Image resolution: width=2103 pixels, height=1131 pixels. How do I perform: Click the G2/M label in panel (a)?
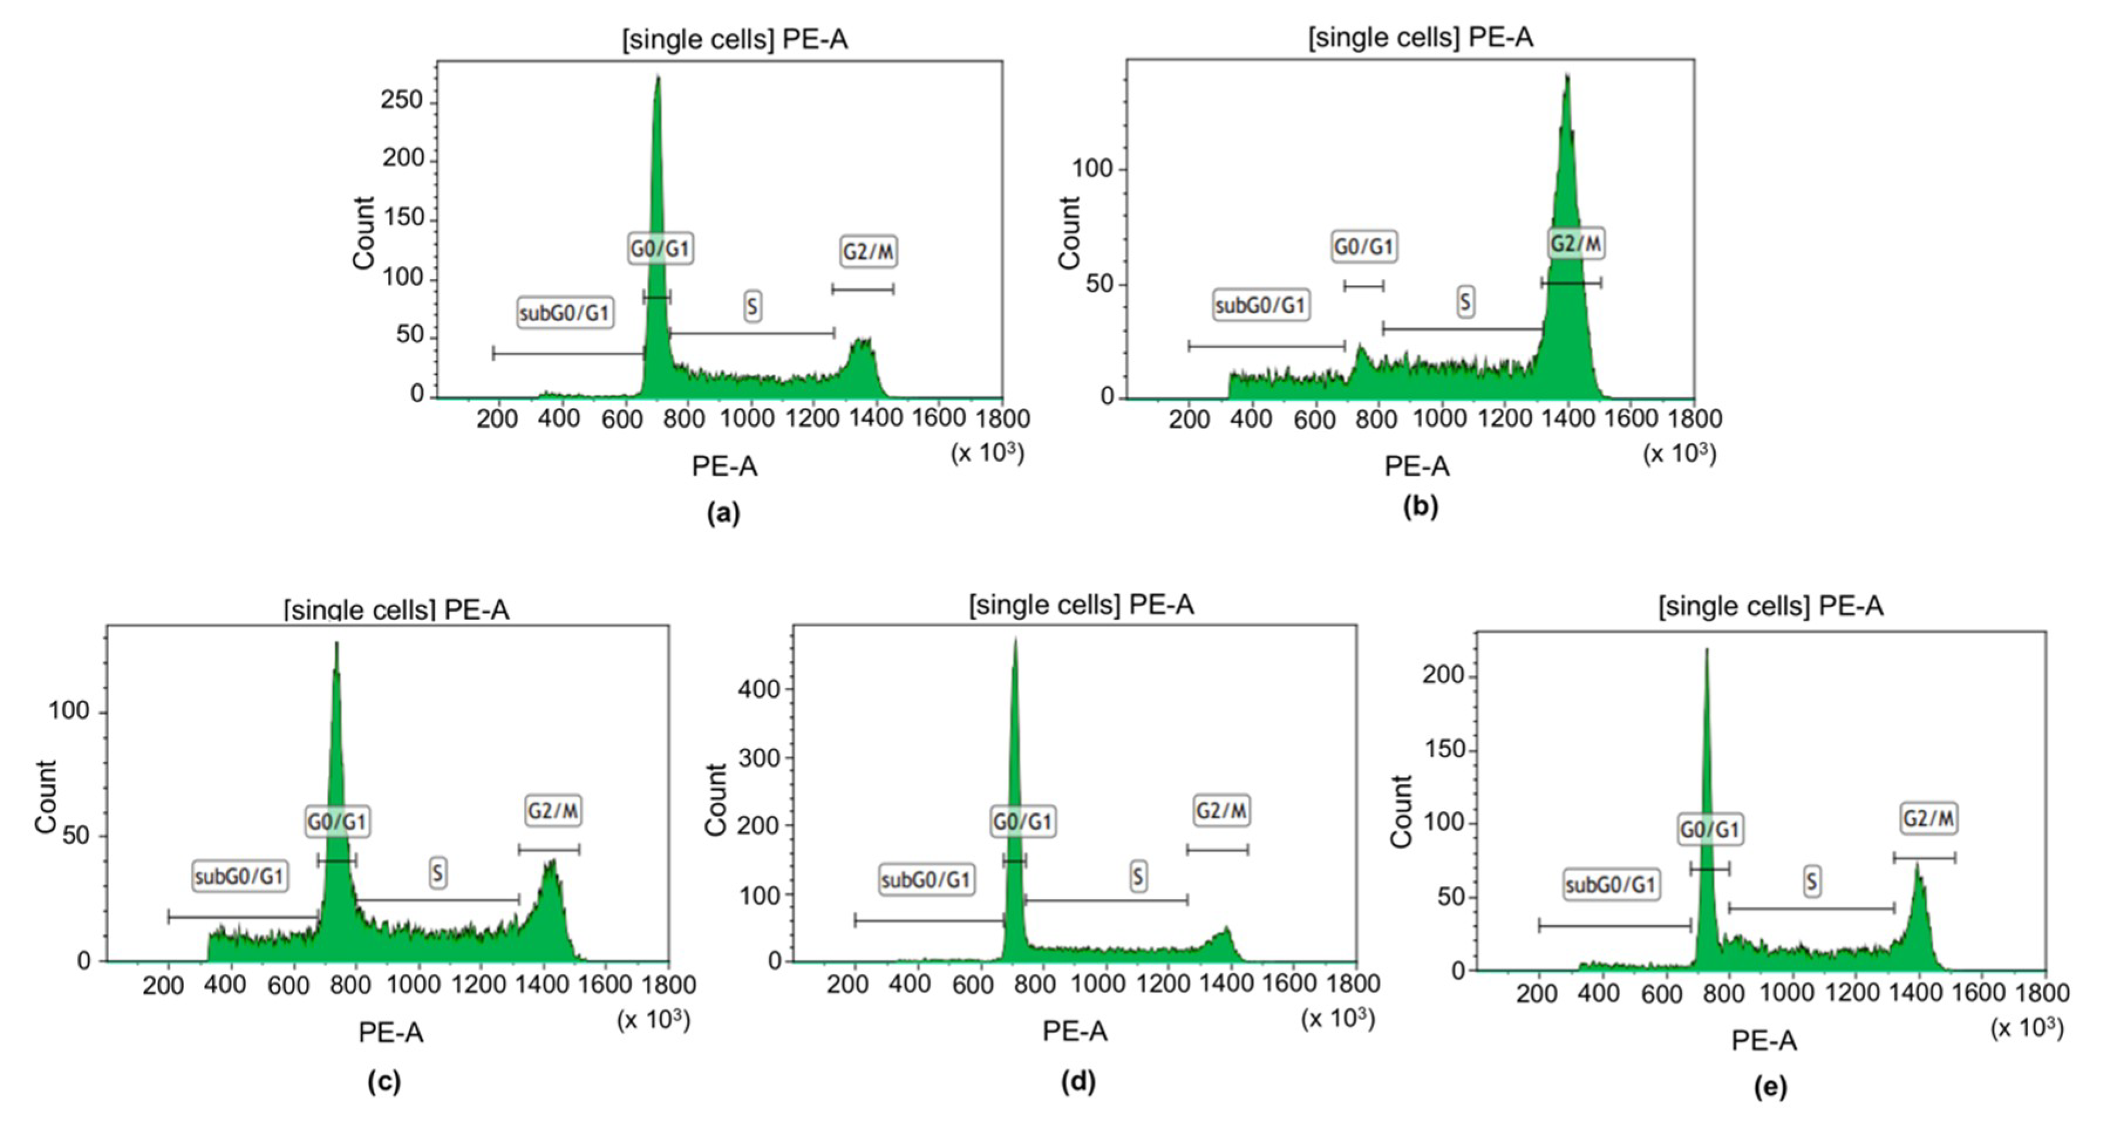click(868, 251)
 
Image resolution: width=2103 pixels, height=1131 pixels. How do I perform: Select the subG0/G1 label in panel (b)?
click(1260, 305)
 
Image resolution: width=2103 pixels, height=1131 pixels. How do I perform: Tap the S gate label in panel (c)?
click(438, 874)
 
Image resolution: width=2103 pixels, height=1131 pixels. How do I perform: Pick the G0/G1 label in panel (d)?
click(1022, 820)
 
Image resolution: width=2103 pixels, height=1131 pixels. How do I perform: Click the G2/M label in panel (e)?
click(1928, 818)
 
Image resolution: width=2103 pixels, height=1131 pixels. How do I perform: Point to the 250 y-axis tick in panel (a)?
click(401, 100)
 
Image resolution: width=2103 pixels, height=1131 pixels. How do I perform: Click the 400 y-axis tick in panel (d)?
click(759, 689)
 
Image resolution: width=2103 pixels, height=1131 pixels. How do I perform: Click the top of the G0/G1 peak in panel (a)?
click(658, 77)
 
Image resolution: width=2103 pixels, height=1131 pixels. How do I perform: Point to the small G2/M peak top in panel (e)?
click(1918, 866)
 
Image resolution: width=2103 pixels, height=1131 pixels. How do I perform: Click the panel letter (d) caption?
click(1078, 1081)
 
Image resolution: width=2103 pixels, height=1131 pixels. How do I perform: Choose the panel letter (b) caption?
click(1420, 506)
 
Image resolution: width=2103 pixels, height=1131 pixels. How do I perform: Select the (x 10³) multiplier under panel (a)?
click(986, 452)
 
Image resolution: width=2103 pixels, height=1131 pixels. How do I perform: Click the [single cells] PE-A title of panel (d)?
click(1081, 605)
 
